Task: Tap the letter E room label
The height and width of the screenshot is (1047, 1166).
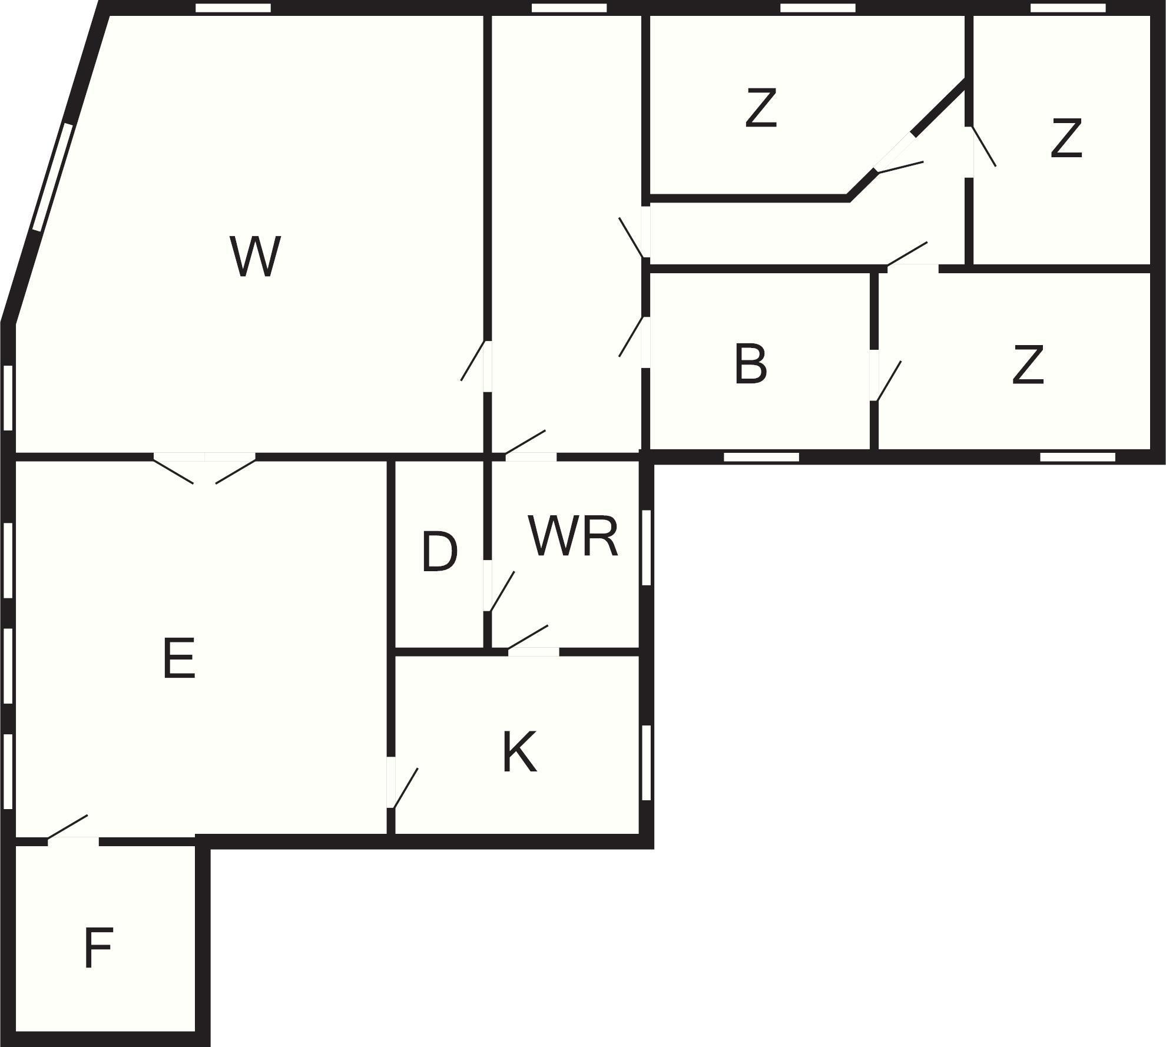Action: pyautogui.click(x=178, y=658)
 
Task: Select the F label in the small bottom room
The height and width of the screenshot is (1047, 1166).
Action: pyautogui.click(x=98, y=947)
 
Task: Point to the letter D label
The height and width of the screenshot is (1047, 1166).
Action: pyautogui.click(x=439, y=552)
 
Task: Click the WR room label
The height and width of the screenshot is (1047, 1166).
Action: pyautogui.click(x=573, y=536)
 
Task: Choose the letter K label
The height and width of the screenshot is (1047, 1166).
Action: pyautogui.click(x=519, y=753)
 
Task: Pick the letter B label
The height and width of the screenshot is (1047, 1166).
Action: pyautogui.click(x=751, y=365)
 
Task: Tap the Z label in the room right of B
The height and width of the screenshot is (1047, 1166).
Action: pyautogui.click(x=1028, y=366)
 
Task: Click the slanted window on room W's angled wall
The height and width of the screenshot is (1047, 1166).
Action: pyautogui.click(x=53, y=177)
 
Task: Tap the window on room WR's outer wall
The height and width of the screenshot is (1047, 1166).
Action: pyautogui.click(x=646, y=547)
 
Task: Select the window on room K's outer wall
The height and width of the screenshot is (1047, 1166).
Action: pyautogui.click(x=646, y=762)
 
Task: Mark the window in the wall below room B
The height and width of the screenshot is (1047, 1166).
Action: pyautogui.click(x=761, y=457)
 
